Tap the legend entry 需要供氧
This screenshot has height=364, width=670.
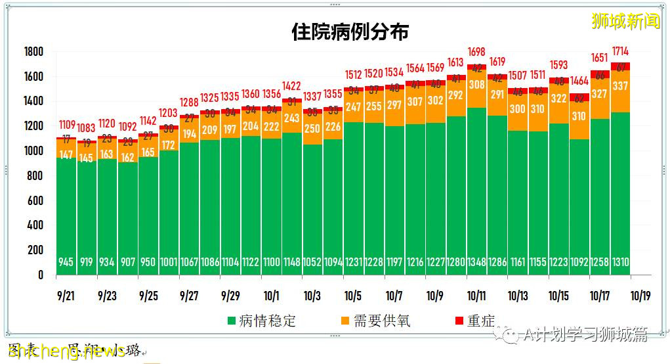point(375,321)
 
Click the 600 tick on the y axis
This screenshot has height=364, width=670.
point(35,200)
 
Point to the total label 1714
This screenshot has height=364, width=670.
point(620,51)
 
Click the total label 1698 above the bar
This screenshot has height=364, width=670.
point(476,51)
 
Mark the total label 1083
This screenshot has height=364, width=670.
point(87,127)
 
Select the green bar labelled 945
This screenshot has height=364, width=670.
point(66,217)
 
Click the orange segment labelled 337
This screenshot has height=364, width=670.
point(620,86)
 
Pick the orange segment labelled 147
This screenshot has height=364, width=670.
point(66,154)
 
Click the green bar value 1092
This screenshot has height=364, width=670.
point(579,262)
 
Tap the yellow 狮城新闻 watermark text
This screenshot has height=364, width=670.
point(625,22)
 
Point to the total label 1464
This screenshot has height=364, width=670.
point(579,81)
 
